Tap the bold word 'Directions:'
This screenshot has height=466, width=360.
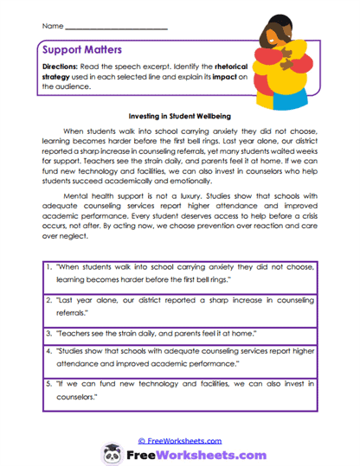61,67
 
